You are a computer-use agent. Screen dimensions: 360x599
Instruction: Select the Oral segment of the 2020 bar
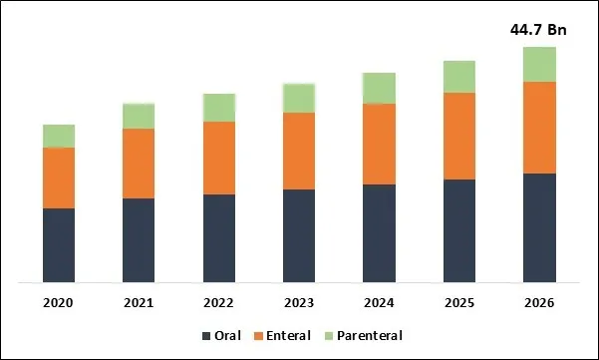pyautogui.click(x=59, y=244)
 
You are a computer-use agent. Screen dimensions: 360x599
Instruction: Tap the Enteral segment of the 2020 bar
pyautogui.click(x=59, y=178)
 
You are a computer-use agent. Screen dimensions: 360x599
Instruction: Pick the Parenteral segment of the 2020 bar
pyautogui.click(x=59, y=136)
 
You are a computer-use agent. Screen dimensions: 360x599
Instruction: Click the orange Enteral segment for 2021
pyautogui.click(x=139, y=164)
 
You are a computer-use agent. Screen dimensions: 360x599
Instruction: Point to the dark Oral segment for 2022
pyautogui.click(x=219, y=237)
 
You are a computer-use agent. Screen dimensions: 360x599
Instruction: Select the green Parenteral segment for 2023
pyautogui.click(x=299, y=98)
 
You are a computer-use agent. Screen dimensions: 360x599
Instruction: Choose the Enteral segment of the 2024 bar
pyautogui.click(x=379, y=144)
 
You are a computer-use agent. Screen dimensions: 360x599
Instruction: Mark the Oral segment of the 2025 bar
pyautogui.click(x=458, y=230)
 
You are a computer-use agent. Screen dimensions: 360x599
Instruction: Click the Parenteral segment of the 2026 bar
pyautogui.click(x=539, y=64)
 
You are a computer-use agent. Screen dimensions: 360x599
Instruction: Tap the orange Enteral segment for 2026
pyautogui.click(x=539, y=128)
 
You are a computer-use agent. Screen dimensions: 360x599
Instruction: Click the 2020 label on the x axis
pyautogui.click(x=59, y=303)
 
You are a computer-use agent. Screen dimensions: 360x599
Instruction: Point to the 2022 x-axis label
pyautogui.click(x=219, y=303)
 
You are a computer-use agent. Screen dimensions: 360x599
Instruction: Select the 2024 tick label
pyautogui.click(x=379, y=303)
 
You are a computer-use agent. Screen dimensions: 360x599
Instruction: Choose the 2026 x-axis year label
pyautogui.click(x=539, y=303)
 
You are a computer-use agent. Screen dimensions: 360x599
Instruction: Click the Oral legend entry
pyautogui.click(x=221, y=336)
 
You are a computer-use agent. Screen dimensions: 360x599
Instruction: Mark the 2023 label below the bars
pyautogui.click(x=299, y=303)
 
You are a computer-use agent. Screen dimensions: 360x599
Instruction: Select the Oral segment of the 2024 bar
pyautogui.click(x=379, y=232)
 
